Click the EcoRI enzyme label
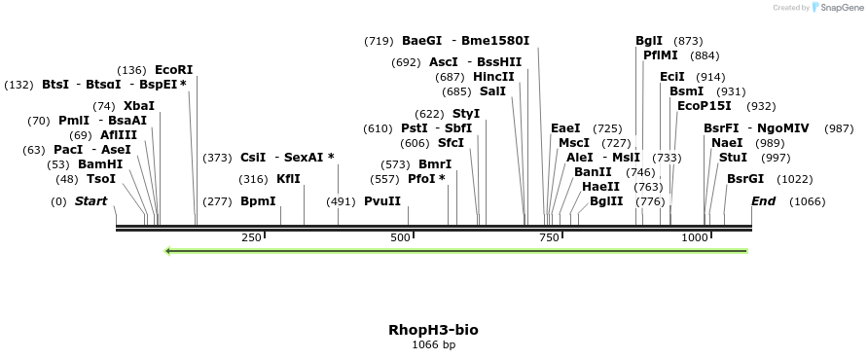coord(174,70)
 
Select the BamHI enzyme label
coord(100,164)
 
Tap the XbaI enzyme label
coord(139,106)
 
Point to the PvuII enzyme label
coord(382,201)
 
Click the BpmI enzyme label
coord(258,201)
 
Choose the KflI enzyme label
coord(288,179)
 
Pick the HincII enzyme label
coord(493,77)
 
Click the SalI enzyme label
coord(493,91)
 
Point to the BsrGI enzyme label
coord(745,179)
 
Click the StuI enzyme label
coord(733,158)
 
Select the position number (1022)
coord(795,179)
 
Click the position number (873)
coord(688,41)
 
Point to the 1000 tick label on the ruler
coord(695,238)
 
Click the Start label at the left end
coord(90,201)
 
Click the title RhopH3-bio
coord(433,330)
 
